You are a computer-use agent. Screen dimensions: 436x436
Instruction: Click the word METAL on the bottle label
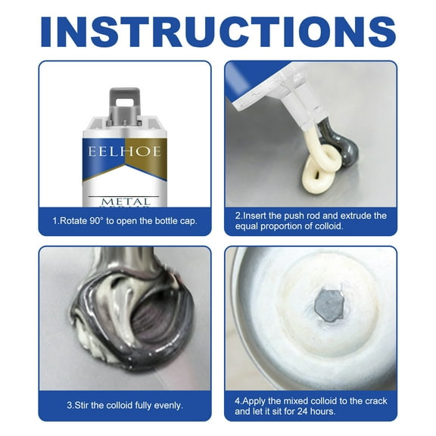click(x=126, y=202)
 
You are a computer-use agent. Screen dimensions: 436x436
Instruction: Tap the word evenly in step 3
click(x=167, y=405)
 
